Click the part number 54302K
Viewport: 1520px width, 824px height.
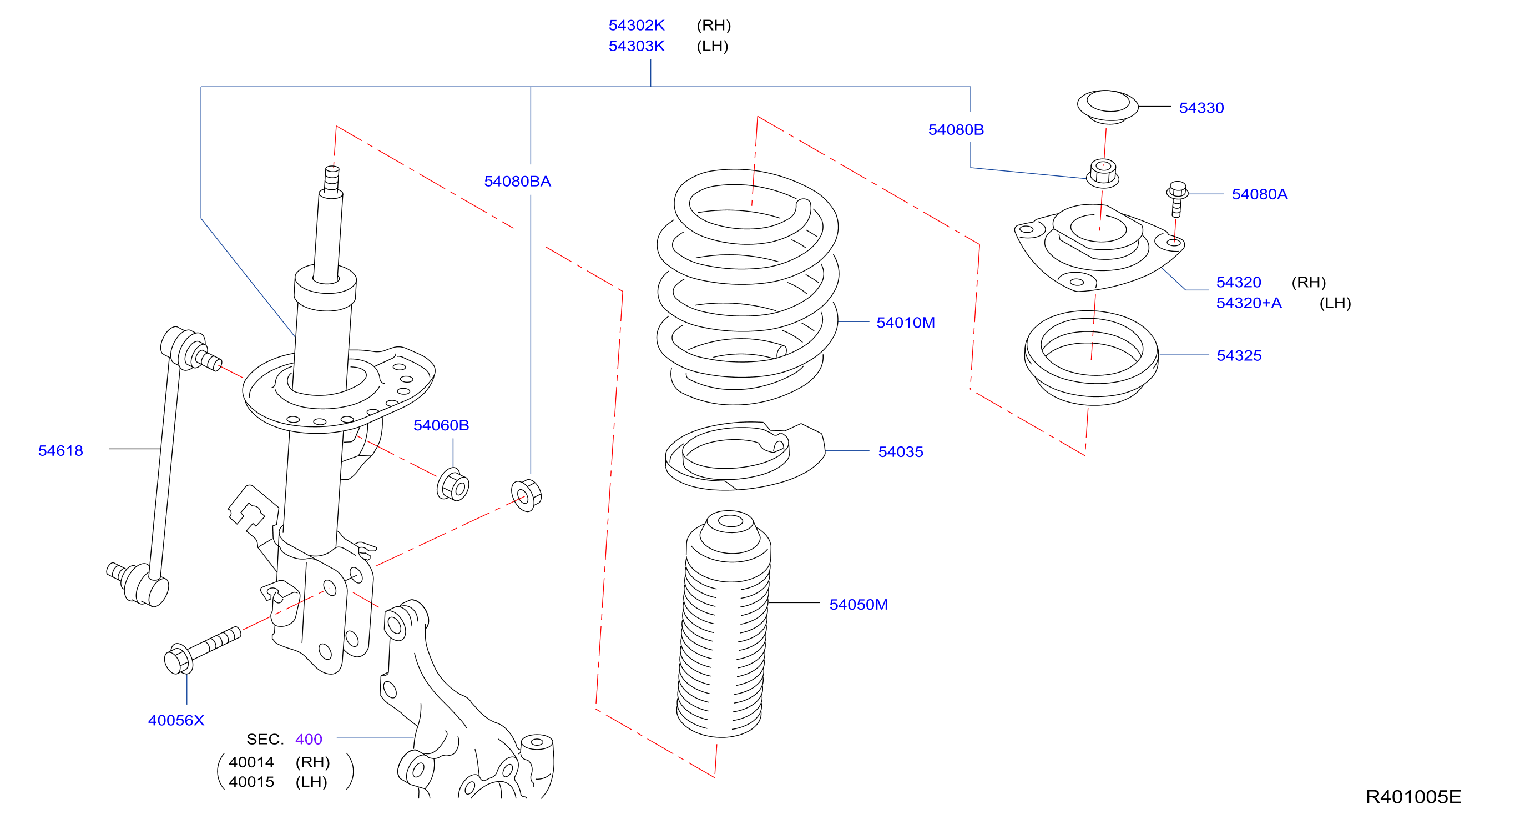coord(636,26)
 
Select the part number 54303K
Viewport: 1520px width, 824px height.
coord(636,46)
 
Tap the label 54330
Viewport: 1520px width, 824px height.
coord(1201,108)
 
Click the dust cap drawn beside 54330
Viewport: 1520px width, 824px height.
coord(1108,107)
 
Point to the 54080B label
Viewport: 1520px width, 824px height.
coord(956,130)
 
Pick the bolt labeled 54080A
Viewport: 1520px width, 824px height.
coord(1176,198)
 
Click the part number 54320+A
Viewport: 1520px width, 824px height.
coord(1249,303)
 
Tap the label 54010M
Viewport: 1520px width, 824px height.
coord(905,323)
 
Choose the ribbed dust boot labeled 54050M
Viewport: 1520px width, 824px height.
coord(724,624)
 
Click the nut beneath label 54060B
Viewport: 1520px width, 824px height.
coord(453,485)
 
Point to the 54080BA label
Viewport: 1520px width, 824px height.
coord(517,181)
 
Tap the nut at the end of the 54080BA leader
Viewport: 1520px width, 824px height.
coord(526,495)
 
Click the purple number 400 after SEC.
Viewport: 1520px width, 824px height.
coord(309,740)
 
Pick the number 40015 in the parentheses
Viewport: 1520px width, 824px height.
coord(251,782)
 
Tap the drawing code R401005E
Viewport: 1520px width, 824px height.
coord(1413,797)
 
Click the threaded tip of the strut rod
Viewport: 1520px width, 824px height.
coord(332,179)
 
